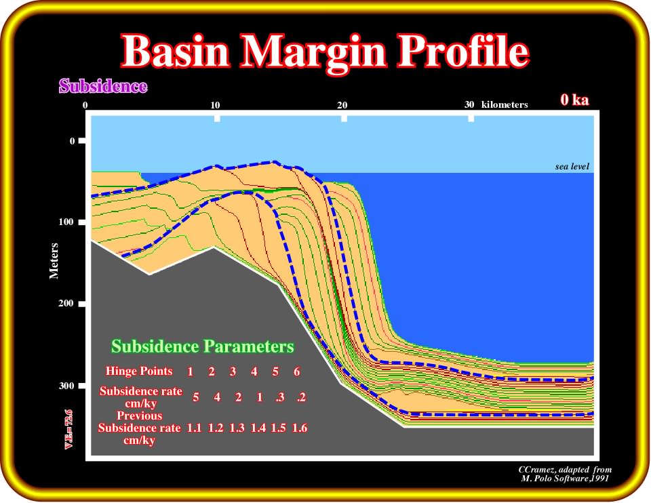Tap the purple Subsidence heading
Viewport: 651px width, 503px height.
103,86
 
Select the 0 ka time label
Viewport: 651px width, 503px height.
574,100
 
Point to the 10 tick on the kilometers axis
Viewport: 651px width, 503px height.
215,105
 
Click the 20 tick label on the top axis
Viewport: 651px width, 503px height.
342,105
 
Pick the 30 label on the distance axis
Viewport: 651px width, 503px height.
469,104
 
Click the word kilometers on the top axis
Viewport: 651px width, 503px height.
505,104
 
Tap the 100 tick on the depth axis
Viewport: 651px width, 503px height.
66,222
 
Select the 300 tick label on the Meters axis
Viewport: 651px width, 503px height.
66,386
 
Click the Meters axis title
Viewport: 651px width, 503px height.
54,260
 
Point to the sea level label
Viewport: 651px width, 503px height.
572,166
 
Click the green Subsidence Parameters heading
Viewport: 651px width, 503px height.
203,346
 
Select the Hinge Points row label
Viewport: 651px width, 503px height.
139,371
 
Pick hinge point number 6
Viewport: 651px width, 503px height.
296,371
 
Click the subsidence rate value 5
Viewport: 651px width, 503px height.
195,397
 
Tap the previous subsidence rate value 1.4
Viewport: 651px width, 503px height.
258,428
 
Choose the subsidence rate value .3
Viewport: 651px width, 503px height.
280,397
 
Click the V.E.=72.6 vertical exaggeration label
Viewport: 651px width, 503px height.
68,429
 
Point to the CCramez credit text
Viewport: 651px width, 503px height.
565,474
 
